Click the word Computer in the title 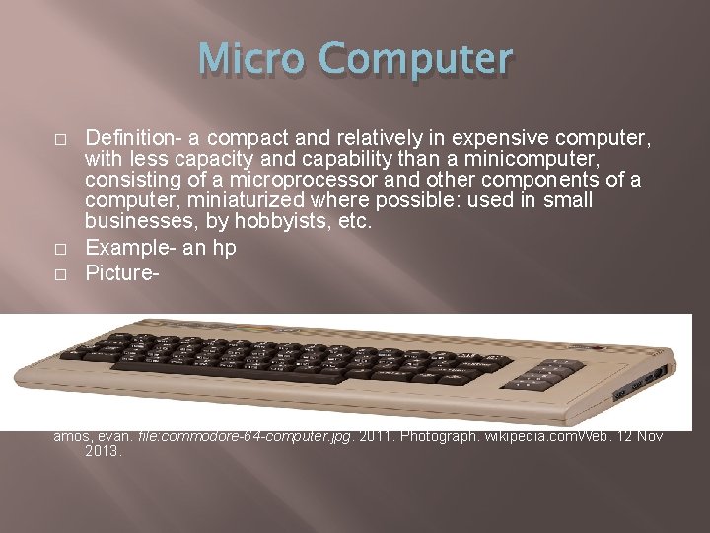click(417, 60)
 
